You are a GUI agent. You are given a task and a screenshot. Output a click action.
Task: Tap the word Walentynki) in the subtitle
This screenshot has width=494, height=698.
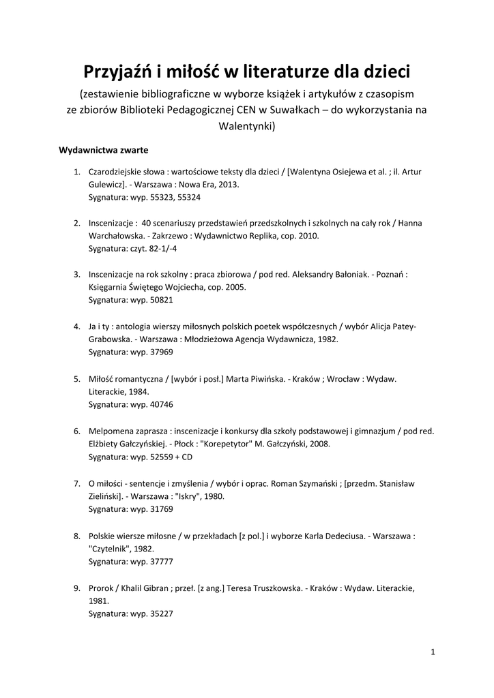pyautogui.click(x=246, y=125)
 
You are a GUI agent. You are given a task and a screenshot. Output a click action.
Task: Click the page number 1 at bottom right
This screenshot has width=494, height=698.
pyautogui.click(x=433, y=652)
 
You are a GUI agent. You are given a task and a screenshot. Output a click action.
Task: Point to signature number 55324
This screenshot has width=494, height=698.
pyautogui.click(x=188, y=197)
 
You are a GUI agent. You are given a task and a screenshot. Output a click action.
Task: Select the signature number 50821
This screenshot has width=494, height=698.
pyautogui.click(x=161, y=300)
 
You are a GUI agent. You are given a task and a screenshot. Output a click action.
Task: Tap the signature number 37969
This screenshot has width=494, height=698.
pyautogui.click(x=161, y=352)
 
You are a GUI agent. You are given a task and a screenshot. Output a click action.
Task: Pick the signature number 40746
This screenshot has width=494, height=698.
pyautogui.click(x=161, y=404)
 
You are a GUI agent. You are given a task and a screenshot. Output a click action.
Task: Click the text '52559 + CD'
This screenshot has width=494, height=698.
pyautogui.click(x=171, y=456)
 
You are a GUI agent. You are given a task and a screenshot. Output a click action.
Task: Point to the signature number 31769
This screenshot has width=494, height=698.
pyautogui.click(x=161, y=509)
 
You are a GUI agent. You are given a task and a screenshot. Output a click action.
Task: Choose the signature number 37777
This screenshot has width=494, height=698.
pyautogui.click(x=161, y=560)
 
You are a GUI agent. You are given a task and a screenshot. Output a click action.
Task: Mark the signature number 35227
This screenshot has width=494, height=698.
pyautogui.click(x=161, y=613)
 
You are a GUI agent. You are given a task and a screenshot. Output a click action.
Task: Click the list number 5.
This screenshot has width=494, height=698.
pyautogui.click(x=77, y=378)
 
